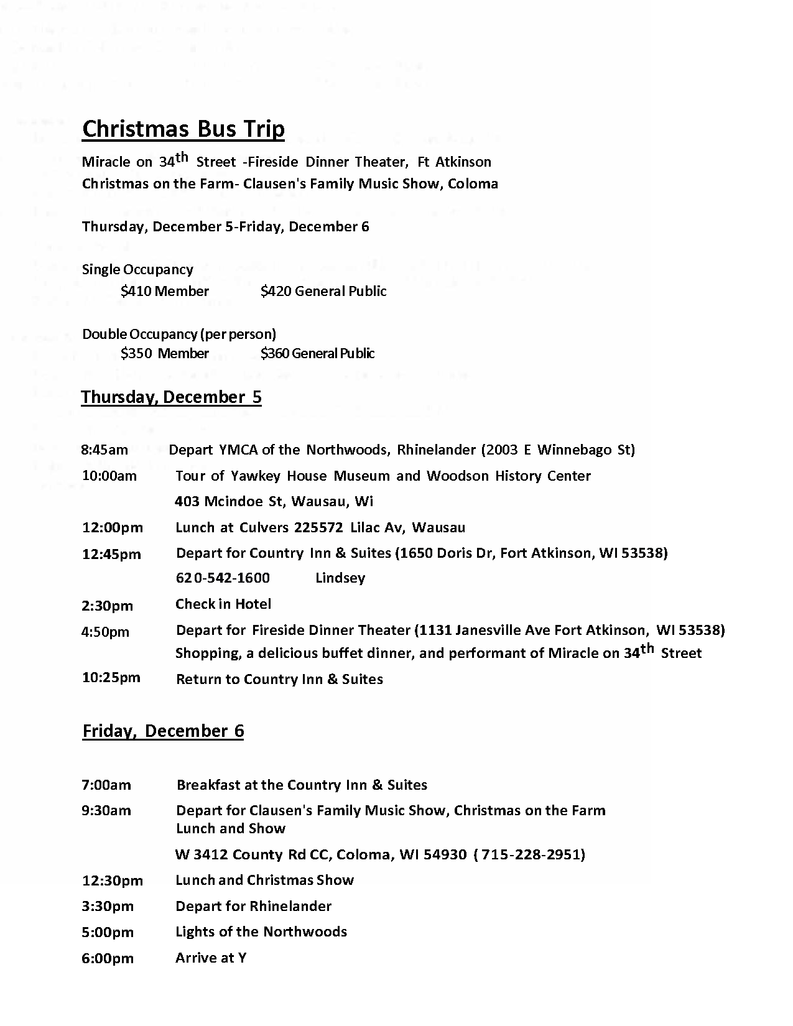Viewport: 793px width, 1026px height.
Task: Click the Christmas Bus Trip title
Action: click(183, 129)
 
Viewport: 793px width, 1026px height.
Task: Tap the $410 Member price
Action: click(165, 291)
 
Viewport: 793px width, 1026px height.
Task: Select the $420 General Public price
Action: click(323, 291)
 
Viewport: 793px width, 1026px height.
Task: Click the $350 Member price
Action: click(165, 353)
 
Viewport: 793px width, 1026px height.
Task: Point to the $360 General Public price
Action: click(317, 353)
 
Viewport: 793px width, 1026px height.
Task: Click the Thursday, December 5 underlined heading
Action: click(171, 397)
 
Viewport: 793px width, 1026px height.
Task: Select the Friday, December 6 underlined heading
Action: click(163, 731)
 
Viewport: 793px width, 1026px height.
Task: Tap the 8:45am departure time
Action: click(104, 450)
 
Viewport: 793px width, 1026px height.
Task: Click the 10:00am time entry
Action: click(109, 476)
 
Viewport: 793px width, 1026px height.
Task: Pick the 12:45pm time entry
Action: click(111, 554)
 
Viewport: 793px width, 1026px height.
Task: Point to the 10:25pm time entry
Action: click(111, 677)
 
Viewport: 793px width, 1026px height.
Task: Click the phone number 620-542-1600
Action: click(223, 578)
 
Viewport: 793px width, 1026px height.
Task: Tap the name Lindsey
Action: click(340, 578)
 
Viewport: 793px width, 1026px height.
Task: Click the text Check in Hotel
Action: click(223, 604)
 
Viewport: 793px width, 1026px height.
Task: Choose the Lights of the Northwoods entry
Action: click(261, 931)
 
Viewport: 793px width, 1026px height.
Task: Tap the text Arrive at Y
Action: click(211, 958)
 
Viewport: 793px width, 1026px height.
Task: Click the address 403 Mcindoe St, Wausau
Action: click(274, 501)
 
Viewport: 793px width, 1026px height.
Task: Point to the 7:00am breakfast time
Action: click(106, 785)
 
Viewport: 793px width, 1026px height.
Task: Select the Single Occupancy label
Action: click(137, 269)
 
